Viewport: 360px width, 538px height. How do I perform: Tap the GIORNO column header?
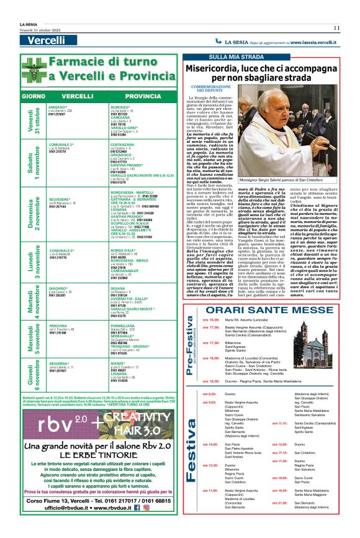pyautogui.click(x=33, y=97)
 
